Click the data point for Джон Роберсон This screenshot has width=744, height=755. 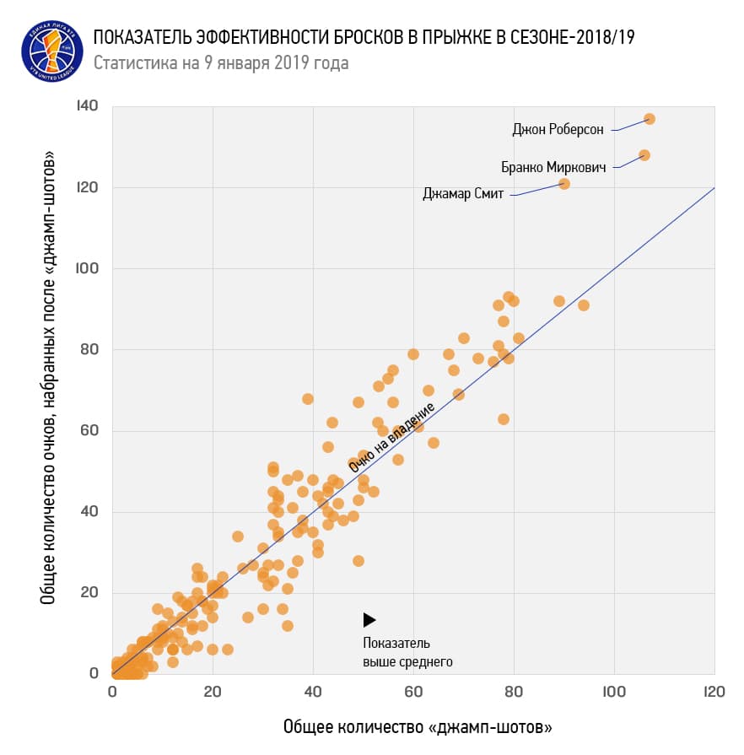click(x=649, y=119)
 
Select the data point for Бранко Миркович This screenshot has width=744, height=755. click(x=644, y=155)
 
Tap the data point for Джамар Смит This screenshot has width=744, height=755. click(x=564, y=184)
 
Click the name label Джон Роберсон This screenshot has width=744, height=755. click(x=558, y=130)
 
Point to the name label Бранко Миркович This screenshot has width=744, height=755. click(x=553, y=167)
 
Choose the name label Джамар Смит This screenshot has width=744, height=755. click(x=463, y=194)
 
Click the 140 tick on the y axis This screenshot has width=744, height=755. click(x=87, y=106)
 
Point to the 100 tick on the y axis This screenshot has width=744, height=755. click(x=87, y=268)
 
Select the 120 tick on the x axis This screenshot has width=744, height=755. click(x=714, y=691)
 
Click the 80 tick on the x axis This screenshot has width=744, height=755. click(x=514, y=691)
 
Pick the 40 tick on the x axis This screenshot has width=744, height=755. click(x=313, y=691)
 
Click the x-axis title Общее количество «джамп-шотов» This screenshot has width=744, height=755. click(x=418, y=726)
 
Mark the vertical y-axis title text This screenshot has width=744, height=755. click(x=49, y=377)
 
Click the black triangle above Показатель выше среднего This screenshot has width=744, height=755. click(x=369, y=620)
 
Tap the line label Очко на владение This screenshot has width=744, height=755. click(x=391, y=437)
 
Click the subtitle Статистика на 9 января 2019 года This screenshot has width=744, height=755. click(x=220, y=63)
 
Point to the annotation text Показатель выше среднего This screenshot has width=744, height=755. click(x=407, y=652)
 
